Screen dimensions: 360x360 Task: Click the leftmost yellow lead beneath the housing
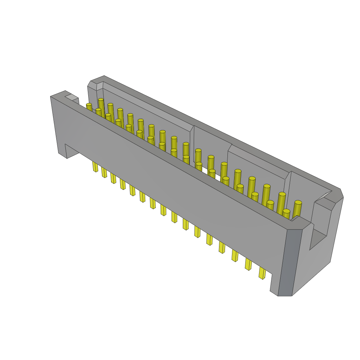pyautogui.click(x=95, y=166)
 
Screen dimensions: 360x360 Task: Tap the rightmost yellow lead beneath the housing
pyautogui.click(x=262, y=273)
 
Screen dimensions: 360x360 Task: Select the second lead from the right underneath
pyautogui.click(x=248, y=264)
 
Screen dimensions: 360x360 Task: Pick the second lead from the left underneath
pyautogui.click(x=104, y=172)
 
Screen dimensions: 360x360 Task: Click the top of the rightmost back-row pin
pyautogui.click(x=298, y=202)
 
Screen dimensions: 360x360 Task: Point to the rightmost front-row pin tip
pyautogui.click(x=286, y=211)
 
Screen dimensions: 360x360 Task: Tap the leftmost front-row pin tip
pyautogui.click(x=89, y=105)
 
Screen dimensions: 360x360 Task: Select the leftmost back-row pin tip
pyautogui.click(x=101, y=100)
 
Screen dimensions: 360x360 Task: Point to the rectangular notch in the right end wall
pyautogui.click(x=318, y=239)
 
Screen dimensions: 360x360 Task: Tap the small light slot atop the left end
pyautogui.click(x=71, y=97)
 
